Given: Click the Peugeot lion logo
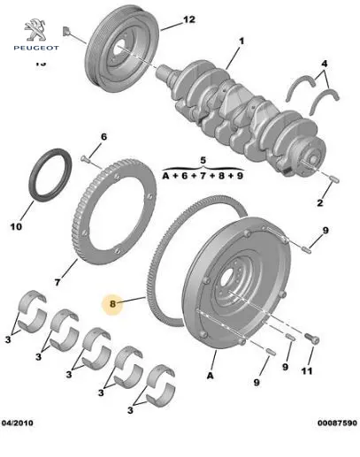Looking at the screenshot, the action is click(35, 30).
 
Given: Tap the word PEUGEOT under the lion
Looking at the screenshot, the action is click(36, 48).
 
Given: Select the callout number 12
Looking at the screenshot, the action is click(189, 19).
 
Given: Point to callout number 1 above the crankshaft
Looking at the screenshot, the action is click(241, 41).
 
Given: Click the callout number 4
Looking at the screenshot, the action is click(324, 64).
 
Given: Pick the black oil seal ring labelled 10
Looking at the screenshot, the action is click(50, 175).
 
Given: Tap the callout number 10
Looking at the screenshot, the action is click(16, 226).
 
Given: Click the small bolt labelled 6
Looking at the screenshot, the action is click(85, 159).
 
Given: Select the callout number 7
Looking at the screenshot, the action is click(57, 282).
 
